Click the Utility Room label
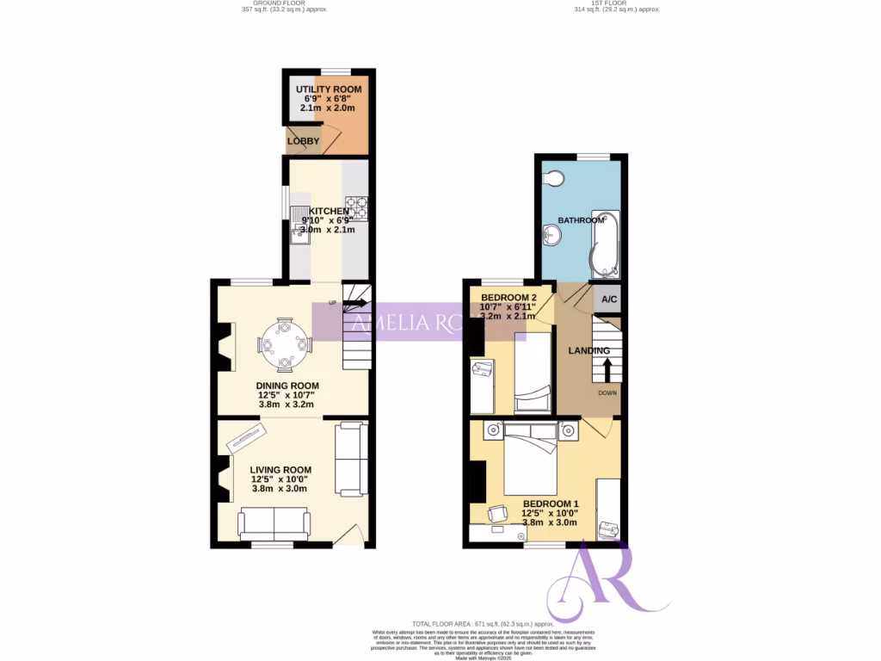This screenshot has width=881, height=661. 329,90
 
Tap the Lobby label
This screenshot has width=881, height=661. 303,141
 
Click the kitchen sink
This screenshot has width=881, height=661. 299,225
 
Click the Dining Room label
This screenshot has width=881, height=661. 287,386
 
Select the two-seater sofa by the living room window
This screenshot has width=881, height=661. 274,522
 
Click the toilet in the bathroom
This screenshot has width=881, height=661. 553,178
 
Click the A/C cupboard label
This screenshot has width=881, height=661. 609,300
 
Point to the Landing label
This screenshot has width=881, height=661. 589,350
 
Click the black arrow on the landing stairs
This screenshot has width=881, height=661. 607,369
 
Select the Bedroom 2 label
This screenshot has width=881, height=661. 514,298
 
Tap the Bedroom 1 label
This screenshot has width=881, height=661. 551,503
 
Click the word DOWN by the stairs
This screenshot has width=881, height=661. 607,392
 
